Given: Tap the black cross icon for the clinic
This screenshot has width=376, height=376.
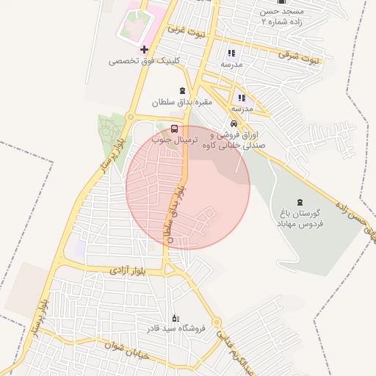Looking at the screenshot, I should point(144,50).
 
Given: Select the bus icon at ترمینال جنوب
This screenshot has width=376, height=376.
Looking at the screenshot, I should point(174,126).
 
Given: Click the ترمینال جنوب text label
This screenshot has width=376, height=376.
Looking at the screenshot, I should point(176,138).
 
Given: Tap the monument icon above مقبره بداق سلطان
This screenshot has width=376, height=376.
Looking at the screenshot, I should point(182,91).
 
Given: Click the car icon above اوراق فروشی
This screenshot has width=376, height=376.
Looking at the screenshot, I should point(234,123).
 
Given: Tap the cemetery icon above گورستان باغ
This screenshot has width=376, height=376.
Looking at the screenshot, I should point(299,202).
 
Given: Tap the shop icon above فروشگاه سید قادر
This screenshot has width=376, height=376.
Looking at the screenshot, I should point(174,317).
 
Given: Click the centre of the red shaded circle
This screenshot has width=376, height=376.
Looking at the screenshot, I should point(188,187).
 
